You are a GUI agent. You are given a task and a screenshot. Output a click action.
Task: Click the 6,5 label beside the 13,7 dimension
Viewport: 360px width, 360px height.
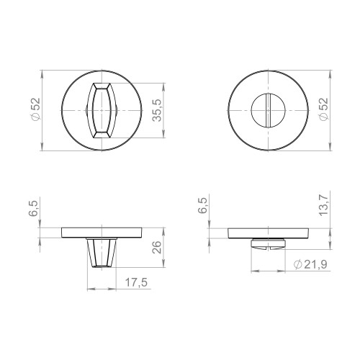click(x=203, y=207)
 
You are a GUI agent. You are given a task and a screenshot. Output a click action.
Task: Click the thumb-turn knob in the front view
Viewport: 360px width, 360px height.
click(x=102, y=110)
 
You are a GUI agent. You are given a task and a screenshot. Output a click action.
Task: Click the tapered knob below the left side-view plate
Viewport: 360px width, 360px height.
click(x=102, y=252)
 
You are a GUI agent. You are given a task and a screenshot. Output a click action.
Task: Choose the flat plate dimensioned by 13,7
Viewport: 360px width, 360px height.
click(x=269, y=233)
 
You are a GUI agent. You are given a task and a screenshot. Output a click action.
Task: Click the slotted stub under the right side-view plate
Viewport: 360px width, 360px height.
click(x=269, y=245)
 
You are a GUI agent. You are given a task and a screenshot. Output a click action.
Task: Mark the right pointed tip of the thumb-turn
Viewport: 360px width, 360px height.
click(x=117, y=110)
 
